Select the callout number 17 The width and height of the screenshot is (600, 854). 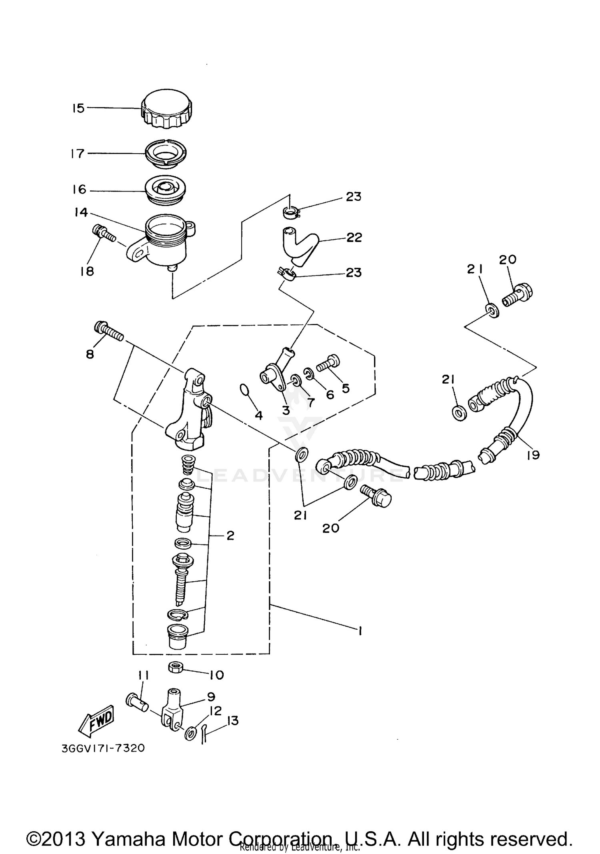pos(77,154)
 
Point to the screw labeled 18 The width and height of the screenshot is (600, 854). pos(103,234)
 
